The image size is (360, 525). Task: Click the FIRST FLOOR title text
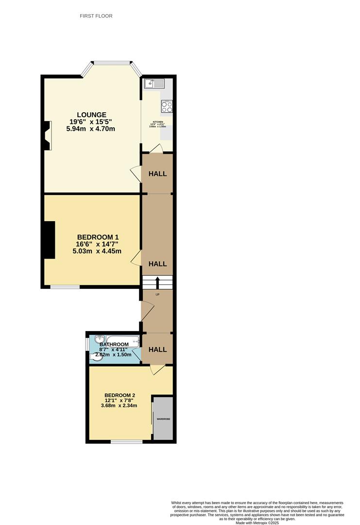96,16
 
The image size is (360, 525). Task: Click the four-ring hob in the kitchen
167,106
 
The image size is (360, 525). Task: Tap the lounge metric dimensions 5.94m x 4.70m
90,129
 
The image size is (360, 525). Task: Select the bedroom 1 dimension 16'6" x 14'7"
97,244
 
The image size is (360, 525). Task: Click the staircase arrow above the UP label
157,282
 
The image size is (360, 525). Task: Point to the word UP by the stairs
157,295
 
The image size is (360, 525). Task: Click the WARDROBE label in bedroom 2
163,419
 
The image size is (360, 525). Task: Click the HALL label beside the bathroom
157,350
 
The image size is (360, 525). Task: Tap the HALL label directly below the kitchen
157,174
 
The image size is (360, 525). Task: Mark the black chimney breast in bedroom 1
49,240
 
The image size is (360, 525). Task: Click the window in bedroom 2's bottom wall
126,441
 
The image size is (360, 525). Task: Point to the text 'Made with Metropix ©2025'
257,523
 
